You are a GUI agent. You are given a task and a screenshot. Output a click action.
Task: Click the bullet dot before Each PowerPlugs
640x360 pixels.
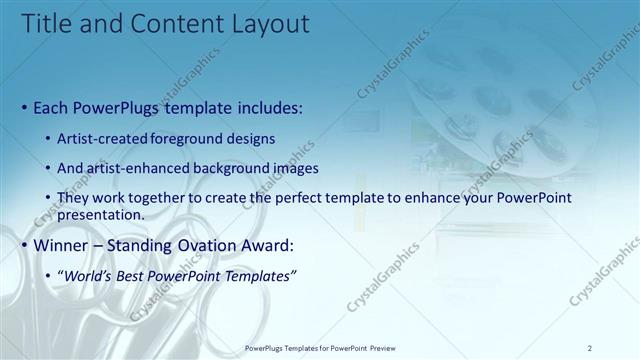(x=24, y=106)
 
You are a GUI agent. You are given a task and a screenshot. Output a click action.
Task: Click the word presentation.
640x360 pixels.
(x=101, y=214)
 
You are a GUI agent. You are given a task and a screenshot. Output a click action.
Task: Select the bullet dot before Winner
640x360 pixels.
(x=24, y=245)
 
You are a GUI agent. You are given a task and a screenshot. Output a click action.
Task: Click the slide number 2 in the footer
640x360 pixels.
(x=590, y=348)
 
